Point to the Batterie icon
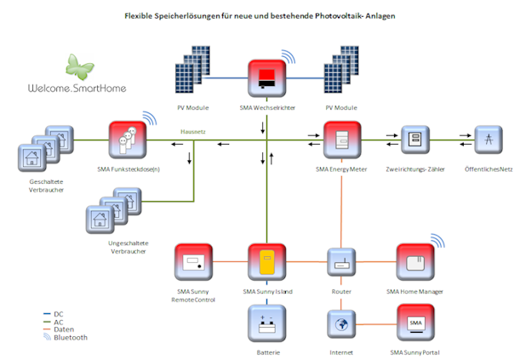pos(267,323)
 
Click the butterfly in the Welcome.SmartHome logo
pos(79,67)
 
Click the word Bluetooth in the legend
pos(71,338)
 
